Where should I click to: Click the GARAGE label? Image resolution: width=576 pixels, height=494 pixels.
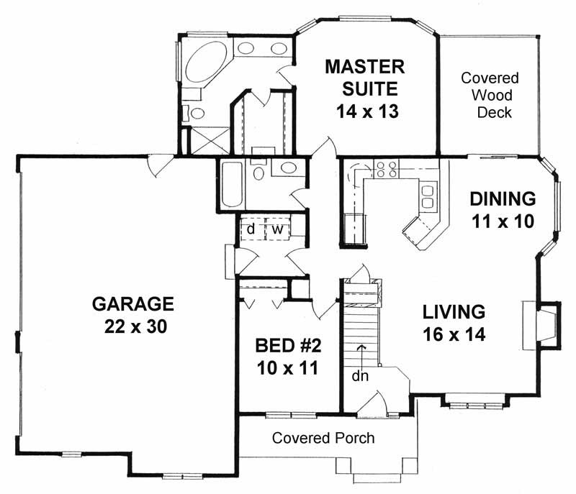point(132,304)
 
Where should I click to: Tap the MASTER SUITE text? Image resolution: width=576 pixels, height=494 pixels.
point(365,78)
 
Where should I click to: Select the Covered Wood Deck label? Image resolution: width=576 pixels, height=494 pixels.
point(490,95)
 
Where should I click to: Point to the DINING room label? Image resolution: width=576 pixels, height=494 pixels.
point(503,198)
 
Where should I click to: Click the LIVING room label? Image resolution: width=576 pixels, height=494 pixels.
point(454,312)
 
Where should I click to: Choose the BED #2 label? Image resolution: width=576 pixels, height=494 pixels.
point(289,345)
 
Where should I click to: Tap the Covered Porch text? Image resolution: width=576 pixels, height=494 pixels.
point(323,438)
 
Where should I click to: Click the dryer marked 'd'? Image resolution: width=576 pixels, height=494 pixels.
point(251,228)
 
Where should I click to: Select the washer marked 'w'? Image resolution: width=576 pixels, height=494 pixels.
point(278,228)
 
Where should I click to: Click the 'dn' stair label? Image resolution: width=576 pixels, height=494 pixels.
point(360,375)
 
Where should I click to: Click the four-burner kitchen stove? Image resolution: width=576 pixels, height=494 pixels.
point(387,170)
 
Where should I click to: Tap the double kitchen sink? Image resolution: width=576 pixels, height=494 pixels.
point(428,197)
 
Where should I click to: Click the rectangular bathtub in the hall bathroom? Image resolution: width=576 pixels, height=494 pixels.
point(232,185)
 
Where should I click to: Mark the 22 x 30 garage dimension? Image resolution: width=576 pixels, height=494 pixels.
point(135,326)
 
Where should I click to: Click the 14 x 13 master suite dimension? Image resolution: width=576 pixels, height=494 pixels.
point(367,111)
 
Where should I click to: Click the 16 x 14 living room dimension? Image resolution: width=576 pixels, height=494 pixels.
point(454,334)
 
